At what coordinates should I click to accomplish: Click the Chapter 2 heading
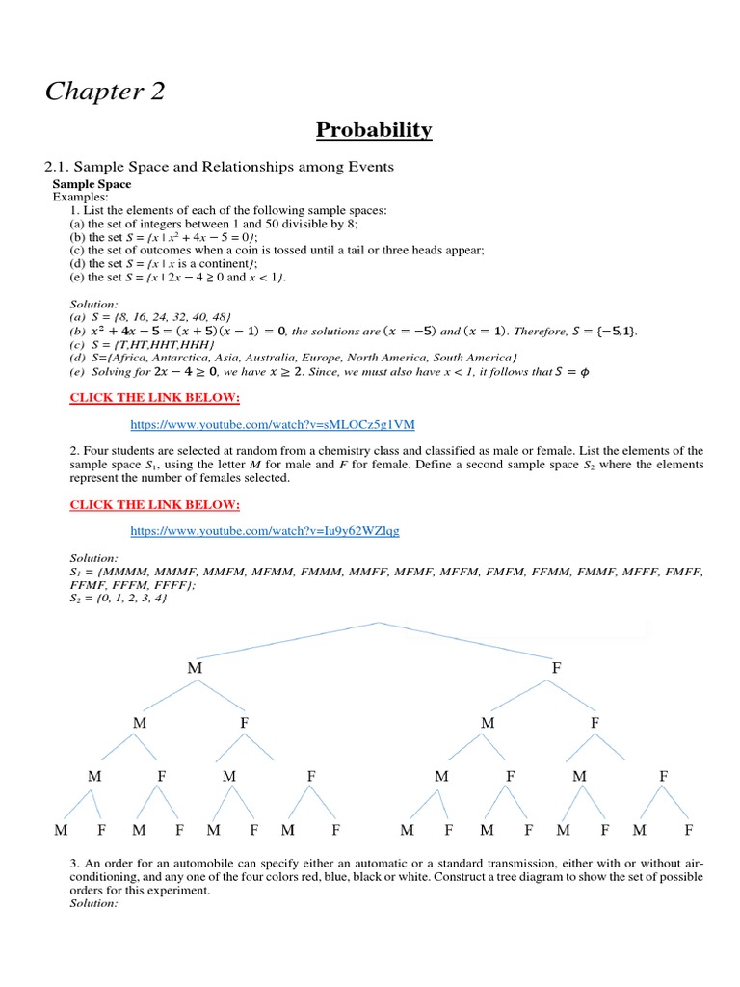click(104, 92)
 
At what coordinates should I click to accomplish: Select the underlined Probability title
click(372, 130)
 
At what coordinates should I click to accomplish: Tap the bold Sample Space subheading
click(92, 184)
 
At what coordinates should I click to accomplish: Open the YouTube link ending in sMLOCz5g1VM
click(273, 424)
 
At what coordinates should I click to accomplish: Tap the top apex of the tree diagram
click(379, 623)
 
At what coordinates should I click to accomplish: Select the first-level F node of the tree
click(555, 667)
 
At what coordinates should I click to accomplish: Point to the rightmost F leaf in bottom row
click(688, 829)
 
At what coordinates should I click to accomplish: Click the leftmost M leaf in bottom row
click(62, 829)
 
